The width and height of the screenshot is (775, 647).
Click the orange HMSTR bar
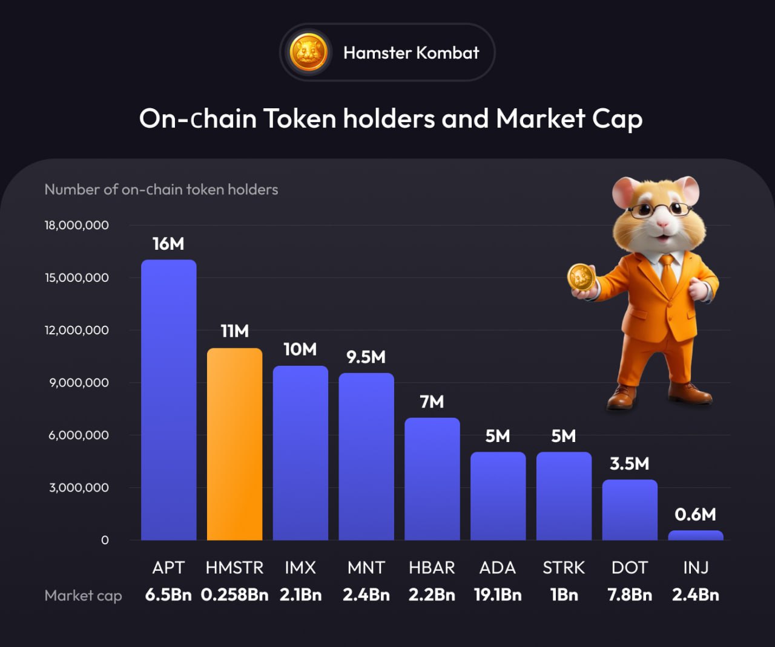tap(234, 444)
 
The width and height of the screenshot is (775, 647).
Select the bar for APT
tap(168, 400)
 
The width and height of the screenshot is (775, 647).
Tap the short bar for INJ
tap(695, 535)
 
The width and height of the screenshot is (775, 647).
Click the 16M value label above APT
tap(168, 244)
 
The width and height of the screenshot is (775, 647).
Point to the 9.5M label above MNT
tap(366, 357)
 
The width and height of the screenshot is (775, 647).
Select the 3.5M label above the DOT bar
tap(629, 464)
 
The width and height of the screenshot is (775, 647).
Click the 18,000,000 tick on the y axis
tap(77, 225)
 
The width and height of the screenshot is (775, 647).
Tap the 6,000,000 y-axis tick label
tap(79, 435)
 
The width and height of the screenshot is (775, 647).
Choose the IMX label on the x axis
tap(300, 568)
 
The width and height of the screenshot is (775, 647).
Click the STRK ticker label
tap(563, 568)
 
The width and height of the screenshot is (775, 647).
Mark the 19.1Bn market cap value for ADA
tap(498, 595)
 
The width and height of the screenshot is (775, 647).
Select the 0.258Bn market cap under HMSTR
tap(234, 595)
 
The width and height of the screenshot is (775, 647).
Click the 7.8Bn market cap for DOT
tap(630, 595)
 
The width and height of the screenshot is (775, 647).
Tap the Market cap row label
tap(83, 596)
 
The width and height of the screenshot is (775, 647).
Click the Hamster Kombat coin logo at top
tap(309, 53)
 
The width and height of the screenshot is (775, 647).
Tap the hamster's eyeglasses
tap(660, 210)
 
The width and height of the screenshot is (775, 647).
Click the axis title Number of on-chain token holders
tap(161, 189)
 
